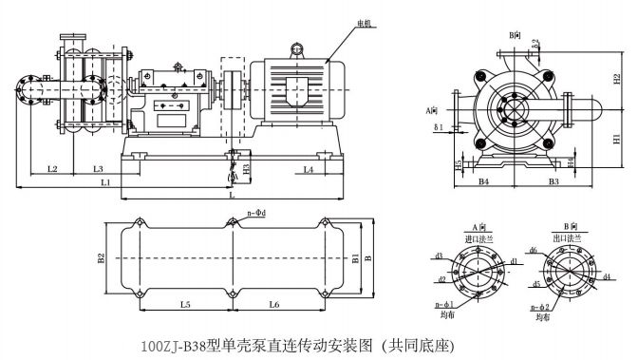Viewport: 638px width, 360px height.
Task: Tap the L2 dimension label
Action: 53,169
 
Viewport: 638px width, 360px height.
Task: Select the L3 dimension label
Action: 98,169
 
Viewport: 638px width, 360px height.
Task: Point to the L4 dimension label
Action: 309,169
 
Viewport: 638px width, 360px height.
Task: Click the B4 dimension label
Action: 483,180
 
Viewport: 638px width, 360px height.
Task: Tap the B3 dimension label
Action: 554,180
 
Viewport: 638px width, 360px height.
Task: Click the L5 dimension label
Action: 185,304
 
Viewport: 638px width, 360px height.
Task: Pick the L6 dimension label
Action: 273,304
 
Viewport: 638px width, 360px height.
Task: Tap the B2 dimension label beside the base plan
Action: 100,256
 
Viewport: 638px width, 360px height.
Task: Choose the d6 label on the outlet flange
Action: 534,251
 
